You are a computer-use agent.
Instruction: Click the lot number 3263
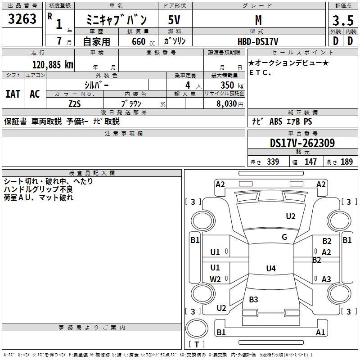point(22,19)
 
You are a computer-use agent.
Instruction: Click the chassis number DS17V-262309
point(302,143)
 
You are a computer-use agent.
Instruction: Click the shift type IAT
point(13,94)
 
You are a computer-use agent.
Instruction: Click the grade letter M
point(258,20)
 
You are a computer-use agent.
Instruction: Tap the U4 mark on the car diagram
point(270,269)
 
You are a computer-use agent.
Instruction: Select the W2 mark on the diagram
point(216,279)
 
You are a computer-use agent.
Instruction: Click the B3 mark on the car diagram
point(253,300)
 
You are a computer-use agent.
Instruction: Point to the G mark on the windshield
point(284,237)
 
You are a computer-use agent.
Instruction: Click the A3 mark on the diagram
point(327,279)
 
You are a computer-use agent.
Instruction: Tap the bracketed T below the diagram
point(196,344)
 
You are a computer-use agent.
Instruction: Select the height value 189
point(347,162)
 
